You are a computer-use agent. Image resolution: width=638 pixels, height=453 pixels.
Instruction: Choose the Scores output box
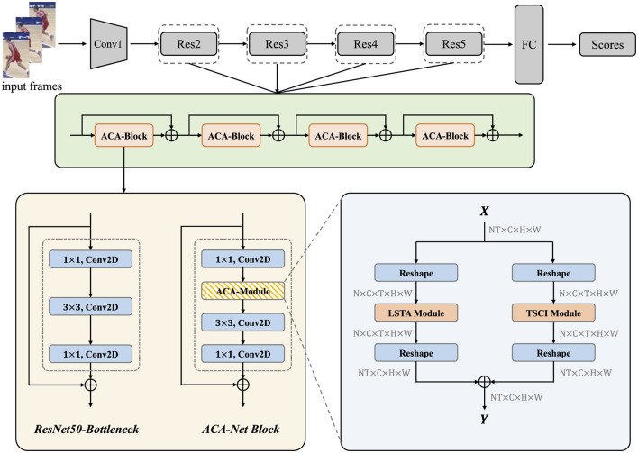pos(607,42)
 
